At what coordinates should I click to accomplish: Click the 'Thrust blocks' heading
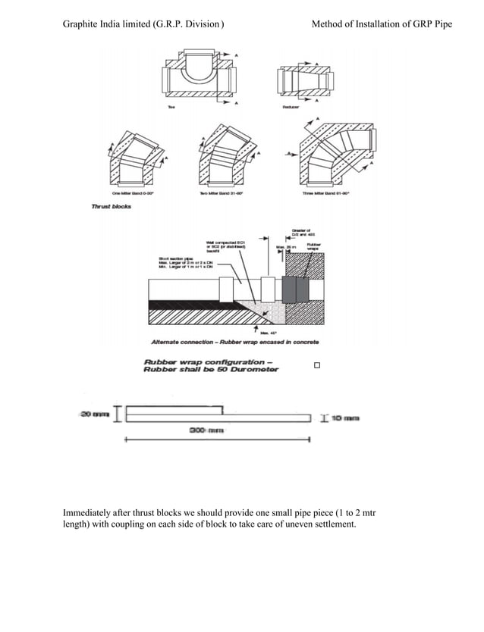(x=111, y=206)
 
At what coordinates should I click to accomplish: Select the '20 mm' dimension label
(x=90, y=413)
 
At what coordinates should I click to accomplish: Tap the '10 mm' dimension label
(x=345, y=418)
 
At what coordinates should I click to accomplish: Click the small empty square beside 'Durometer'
(x=317, y=366)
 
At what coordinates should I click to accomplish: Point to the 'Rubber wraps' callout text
(x=314, y=246)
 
